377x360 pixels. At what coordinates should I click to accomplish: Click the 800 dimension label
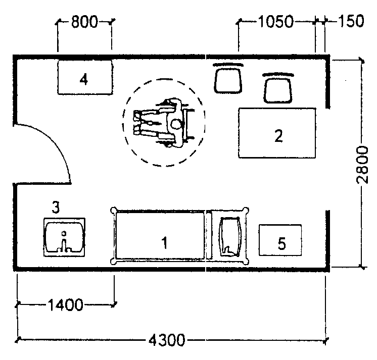[84, 22]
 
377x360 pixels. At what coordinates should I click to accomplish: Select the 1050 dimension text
[276, 22]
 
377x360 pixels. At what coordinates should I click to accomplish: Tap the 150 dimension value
[351, 21]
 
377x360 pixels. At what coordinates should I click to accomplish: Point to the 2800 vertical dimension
[362, 165]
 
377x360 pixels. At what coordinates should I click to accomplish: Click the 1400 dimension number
[65, 305]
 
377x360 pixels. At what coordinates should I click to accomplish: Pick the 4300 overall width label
[167, 340]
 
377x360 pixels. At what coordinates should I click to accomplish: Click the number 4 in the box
[84, 79]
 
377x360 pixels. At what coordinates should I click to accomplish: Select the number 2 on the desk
[278, 136]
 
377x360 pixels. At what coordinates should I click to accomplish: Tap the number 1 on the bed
[164, 242]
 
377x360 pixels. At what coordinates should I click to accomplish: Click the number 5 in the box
[282, 243]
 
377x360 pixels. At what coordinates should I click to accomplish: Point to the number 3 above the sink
[56, 207]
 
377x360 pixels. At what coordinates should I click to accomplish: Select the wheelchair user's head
[176, 124]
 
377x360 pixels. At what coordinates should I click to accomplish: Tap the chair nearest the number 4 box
[228, 78]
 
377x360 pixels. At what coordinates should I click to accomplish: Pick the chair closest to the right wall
[278, 88]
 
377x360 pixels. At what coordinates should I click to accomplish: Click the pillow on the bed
[229, 237]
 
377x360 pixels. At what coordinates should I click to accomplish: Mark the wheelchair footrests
[137, 123]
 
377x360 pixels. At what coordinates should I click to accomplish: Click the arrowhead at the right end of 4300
[326, 340]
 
